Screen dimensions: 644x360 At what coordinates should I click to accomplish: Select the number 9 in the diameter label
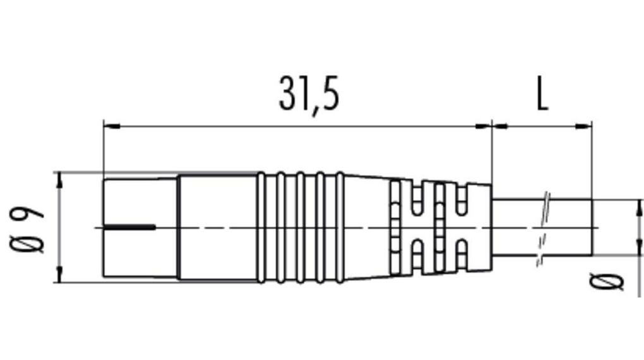click(27, 212)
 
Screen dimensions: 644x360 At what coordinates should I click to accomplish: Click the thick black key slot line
click(129, 227)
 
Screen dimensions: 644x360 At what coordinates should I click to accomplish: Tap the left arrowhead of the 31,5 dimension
click(111, 126)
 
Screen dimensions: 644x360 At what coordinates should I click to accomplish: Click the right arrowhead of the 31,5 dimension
click(483, 126)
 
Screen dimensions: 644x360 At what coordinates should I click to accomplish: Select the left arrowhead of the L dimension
click(500, 126)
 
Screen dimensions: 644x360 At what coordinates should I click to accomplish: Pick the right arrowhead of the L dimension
click(583, 126)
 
